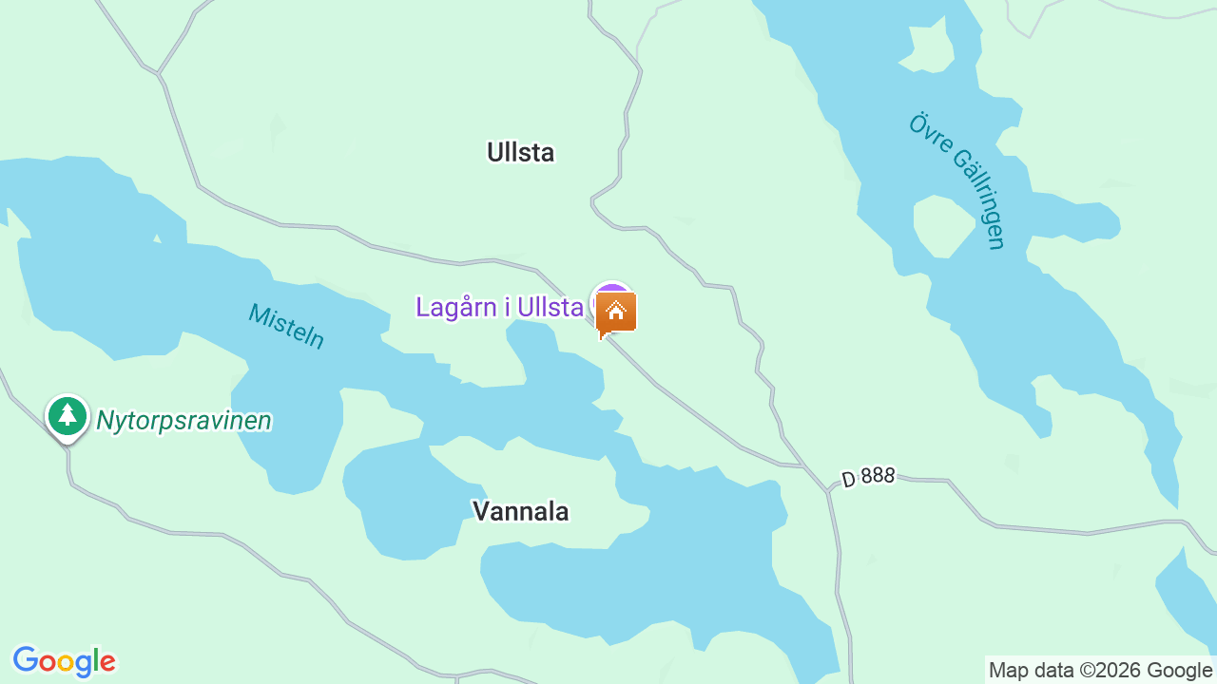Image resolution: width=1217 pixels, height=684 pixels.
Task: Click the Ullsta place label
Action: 520,152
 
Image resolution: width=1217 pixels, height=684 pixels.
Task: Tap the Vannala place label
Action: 520,511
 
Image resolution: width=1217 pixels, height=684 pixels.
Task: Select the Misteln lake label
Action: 286,325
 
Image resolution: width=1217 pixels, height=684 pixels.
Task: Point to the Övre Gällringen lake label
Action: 956,180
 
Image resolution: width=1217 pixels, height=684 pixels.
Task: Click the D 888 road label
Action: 868,476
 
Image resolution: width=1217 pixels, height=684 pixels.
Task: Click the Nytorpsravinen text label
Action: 184,420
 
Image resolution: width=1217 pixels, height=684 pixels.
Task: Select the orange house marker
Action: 616,312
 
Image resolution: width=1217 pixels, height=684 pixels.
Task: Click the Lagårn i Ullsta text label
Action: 499,307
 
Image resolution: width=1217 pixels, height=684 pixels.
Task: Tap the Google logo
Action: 64,661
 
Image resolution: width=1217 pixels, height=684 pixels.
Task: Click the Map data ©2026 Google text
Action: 1100,671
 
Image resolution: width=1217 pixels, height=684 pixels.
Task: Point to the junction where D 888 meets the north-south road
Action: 828,491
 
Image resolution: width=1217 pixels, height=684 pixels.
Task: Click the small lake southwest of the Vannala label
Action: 399,499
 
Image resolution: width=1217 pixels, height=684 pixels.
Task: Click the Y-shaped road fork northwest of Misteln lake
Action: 160,72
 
